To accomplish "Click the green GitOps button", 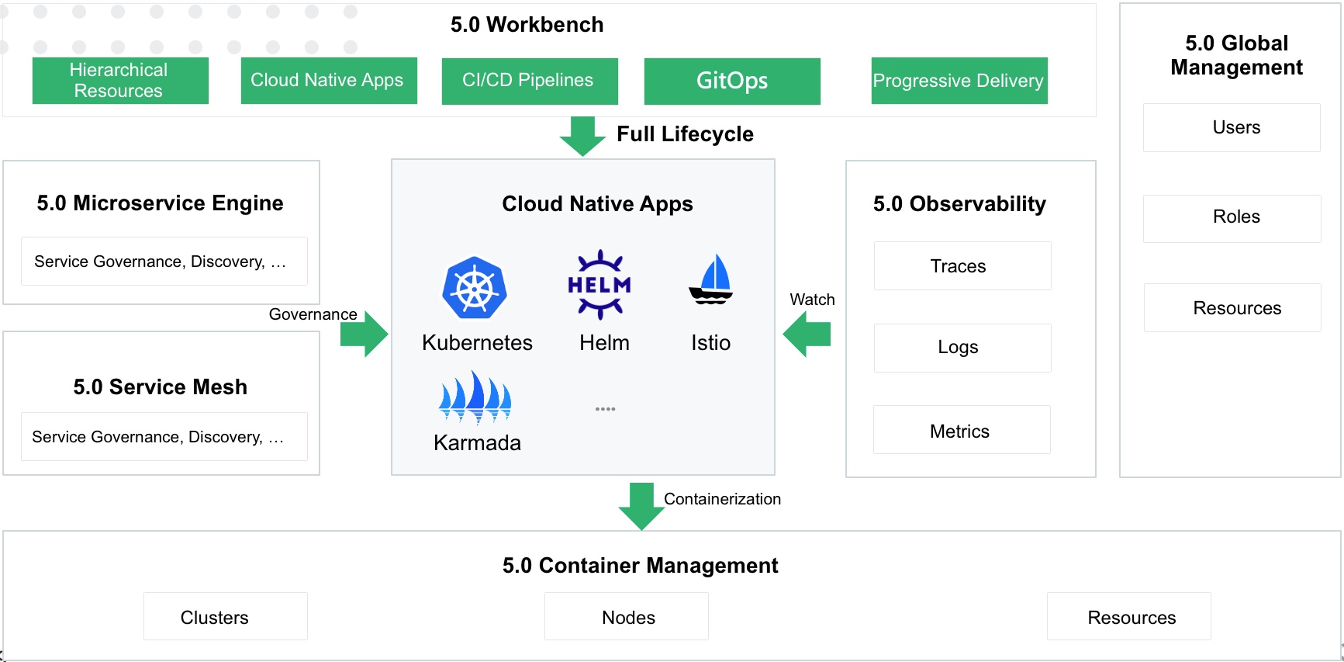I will coord(731,81).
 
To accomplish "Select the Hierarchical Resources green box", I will coord(120,81).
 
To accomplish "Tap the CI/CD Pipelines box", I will coord(529,81).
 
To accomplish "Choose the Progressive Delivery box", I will coord(959,81).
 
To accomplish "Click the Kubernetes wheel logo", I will coord(475,288).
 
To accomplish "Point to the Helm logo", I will coord(599,285).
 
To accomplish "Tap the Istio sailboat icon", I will coord(711,279).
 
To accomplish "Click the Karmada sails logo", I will coord(475,397).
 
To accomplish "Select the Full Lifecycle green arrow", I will coord(582,137).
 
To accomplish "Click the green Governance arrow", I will coord(364,334).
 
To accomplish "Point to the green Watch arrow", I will coord(807,334).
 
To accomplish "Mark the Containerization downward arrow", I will coord(641,506).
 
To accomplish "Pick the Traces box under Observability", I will coord(962,266).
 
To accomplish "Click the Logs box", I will coord(962,348).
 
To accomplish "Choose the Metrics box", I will coord(961,430).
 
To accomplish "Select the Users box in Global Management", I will coord(1231,127).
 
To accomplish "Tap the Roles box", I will coord(1232,218).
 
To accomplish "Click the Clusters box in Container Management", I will coord(225,616).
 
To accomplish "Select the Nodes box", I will coord(626,616).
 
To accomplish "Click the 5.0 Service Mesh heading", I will coord(161,386).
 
